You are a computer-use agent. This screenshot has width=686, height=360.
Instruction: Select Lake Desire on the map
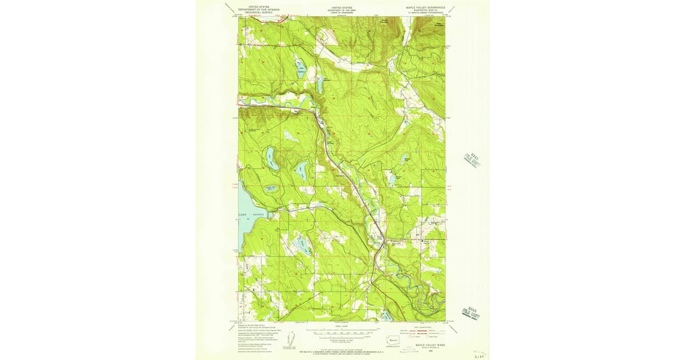(272, 162)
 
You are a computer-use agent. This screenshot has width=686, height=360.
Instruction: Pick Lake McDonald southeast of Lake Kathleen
(320, 86)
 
